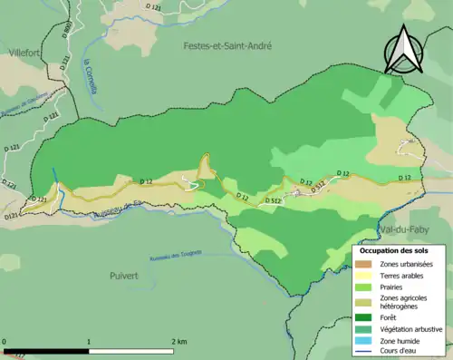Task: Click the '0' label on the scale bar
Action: [x=6, y=342]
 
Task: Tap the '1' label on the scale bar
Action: [x=89, y=342]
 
